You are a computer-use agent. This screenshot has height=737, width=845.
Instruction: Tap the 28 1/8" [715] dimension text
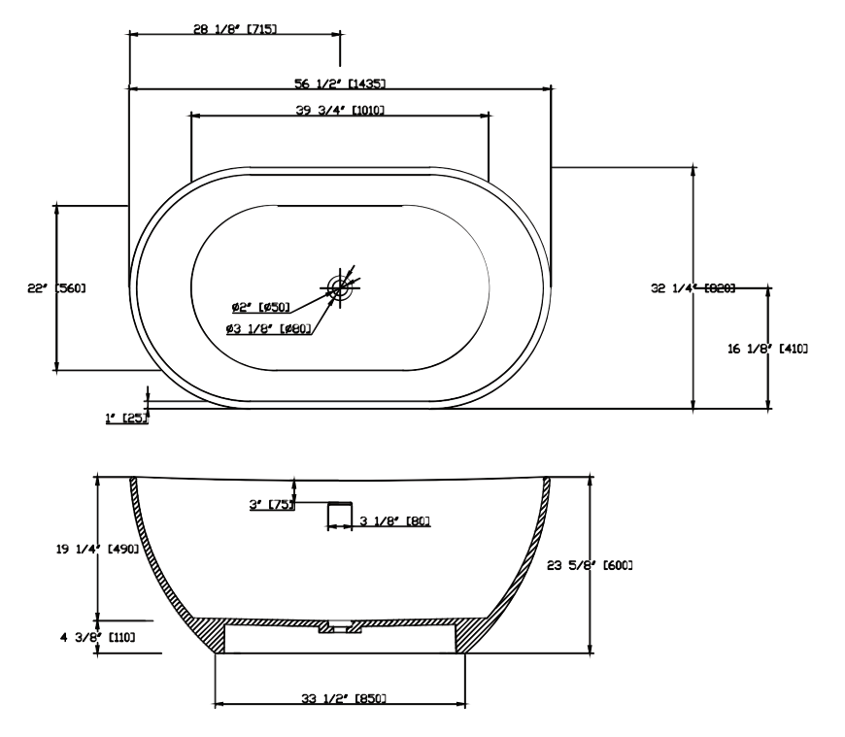click(235, 29)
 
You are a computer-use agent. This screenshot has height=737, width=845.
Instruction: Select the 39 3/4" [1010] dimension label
click(340, 110)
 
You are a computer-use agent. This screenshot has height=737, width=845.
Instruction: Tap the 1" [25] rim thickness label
click(127, 418)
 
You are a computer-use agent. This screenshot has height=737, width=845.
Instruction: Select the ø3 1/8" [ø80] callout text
click(268, 329)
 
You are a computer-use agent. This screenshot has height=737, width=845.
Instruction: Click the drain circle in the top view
click(338, 286)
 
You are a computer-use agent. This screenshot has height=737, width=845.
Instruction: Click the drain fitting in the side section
click(340, 627)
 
